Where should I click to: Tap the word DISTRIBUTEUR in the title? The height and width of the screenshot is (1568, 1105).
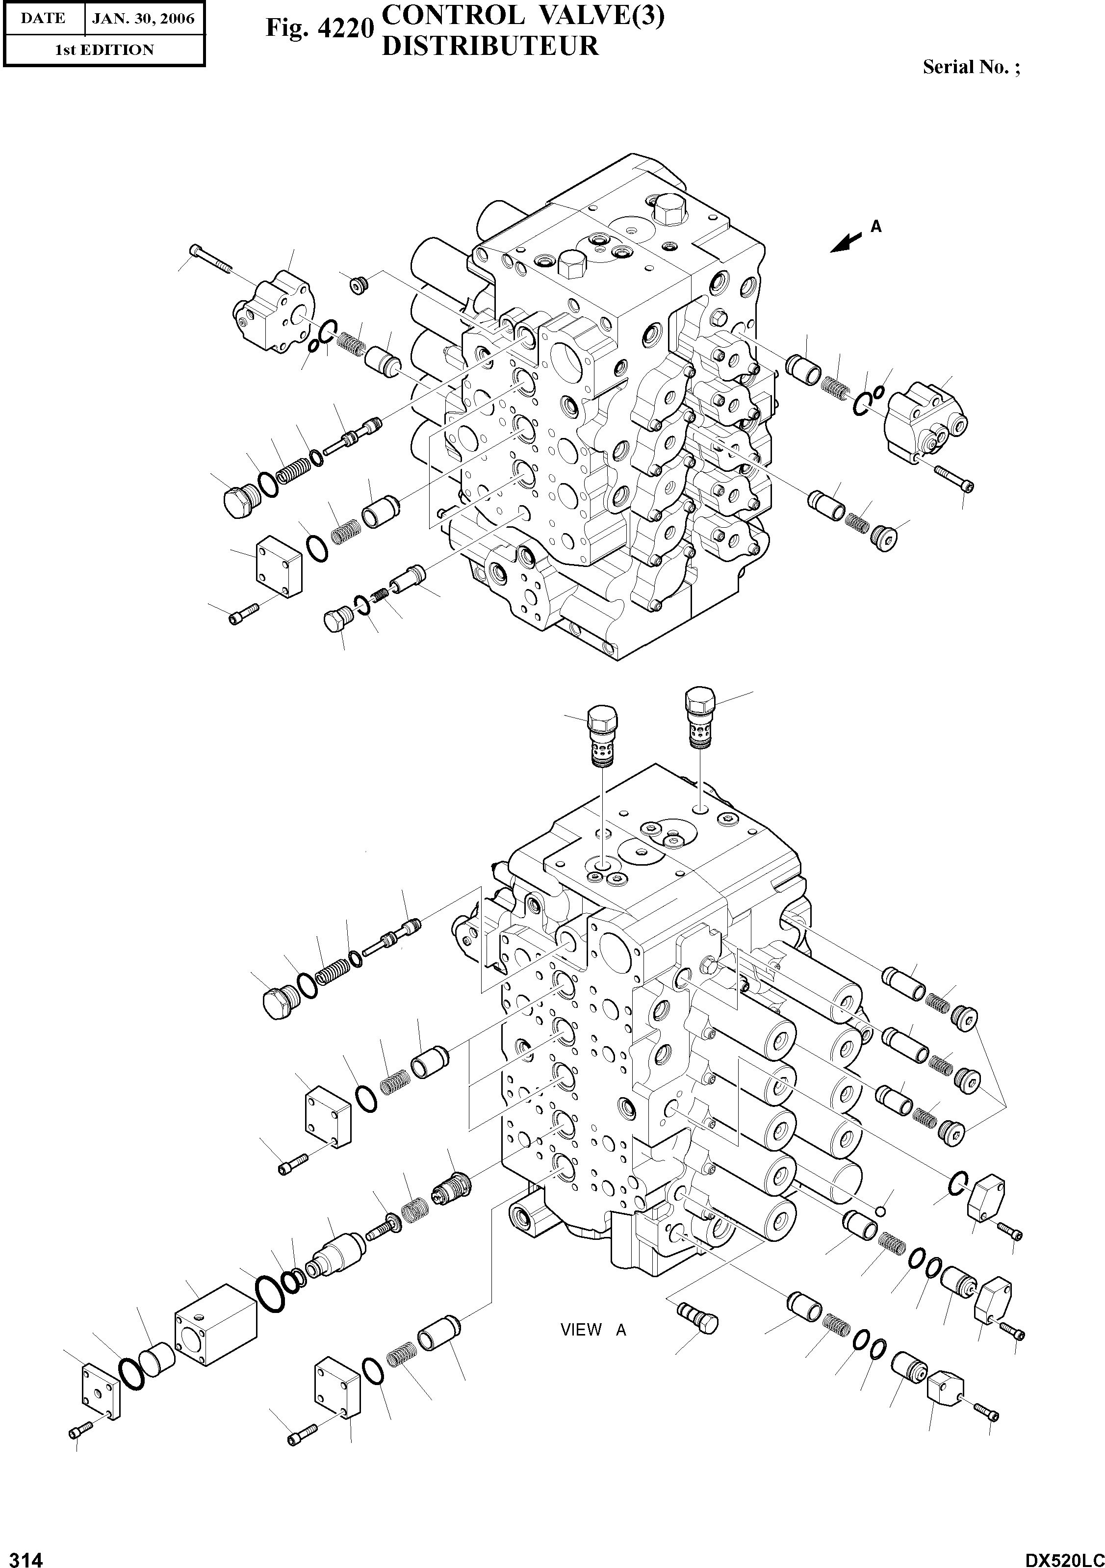(x=489, y=46)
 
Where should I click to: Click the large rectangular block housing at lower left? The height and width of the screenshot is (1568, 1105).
(x=216, y=1324)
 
